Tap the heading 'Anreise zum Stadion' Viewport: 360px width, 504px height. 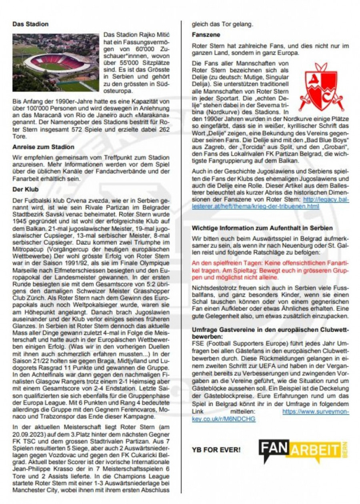tap(43, 147)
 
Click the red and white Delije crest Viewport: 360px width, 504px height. tap(321, 87)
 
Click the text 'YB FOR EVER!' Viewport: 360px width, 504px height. tap(216, 450)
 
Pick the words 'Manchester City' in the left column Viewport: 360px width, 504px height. tap(36, 490)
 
